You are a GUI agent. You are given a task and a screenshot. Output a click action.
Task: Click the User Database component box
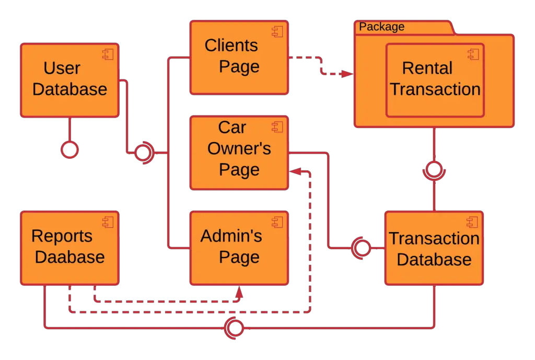[69, 79]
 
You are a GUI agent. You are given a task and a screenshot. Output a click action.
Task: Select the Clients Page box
[239, 57]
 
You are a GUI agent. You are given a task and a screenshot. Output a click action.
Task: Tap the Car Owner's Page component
[239, 153]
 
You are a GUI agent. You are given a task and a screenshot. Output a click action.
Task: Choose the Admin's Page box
[239, 248]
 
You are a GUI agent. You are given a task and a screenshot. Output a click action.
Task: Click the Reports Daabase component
[69, 248]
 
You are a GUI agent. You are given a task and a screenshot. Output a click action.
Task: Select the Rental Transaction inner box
[435, 79]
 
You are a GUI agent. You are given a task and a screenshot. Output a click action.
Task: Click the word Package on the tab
[382, 27]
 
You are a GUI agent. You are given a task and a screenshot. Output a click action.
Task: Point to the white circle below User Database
[69, 150]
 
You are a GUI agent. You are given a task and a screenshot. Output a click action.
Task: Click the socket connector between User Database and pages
[143, 153]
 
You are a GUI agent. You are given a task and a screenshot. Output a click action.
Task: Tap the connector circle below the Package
[434, 169]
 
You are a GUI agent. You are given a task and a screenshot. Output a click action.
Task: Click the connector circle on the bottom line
[235, 328]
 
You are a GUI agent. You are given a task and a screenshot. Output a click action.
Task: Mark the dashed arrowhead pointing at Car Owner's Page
[296, 171]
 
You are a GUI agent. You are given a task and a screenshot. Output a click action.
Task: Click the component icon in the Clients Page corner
[277, 31]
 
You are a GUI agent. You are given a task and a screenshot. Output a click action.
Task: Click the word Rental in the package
[427, 68]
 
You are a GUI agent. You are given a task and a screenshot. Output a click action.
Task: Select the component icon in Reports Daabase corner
[108, 222]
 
